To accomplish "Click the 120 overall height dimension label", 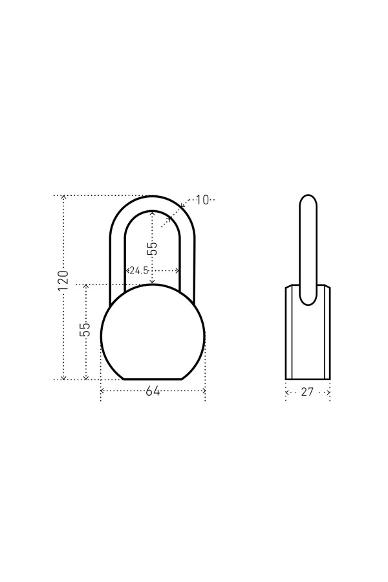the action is click(63, 281).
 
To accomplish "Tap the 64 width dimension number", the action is click(153, 391).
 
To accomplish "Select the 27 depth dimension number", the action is click(307, 392).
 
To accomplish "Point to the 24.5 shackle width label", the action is click(139, 270).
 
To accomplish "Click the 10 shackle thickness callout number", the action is click(202, 200).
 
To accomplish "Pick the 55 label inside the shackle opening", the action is click(152, 248).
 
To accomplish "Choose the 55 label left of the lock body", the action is click(85, 329).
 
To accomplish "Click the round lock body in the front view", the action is click(153, 332).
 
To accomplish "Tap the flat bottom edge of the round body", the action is click(153, 380).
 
